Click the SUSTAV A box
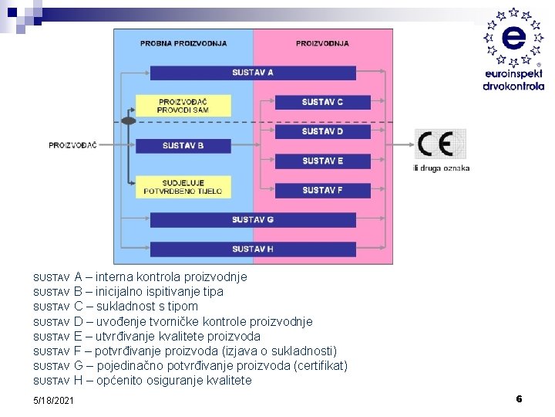[x=253, y=73]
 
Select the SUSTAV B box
[x=183, y=145]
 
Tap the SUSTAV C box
[x=322, y=102]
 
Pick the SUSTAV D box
[x=322, y=131]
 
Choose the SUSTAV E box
[x=322, y=161]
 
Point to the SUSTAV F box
[x=322, y=190]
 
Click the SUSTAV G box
[x=253, y=220]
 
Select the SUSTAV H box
[x=253, y=249]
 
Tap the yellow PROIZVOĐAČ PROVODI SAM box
[x=183, y=106]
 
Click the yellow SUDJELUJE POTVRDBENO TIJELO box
[x=183, y=187]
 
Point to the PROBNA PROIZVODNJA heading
[x=183, y=43]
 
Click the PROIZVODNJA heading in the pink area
[x=322, y=43]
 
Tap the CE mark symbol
[x=440, y=144]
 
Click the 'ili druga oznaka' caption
[x=442, y=168]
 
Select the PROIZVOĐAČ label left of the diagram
[x=72, y=145]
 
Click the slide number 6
[x=519, y=398]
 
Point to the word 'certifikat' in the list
[x=321, y=365]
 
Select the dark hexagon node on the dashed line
[x=129, y=120]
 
